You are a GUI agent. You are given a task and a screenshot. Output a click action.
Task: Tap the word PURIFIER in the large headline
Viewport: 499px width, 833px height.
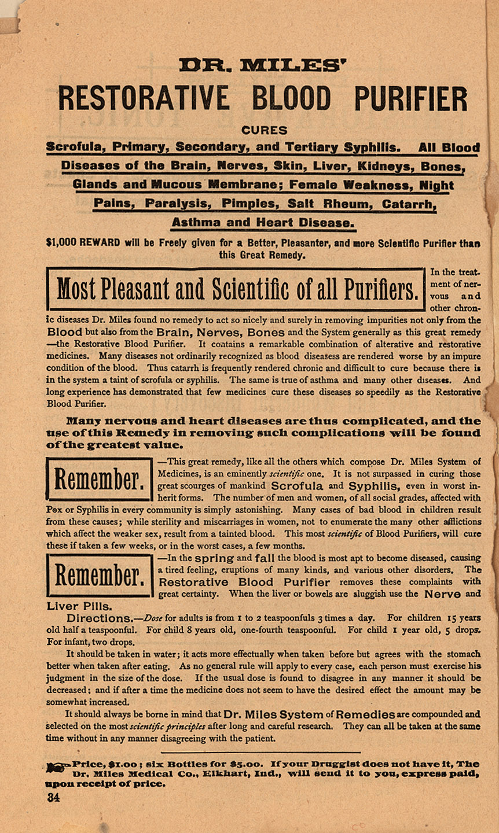point(410,98)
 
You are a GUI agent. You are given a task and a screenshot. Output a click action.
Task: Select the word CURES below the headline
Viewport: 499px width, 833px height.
point(263,130)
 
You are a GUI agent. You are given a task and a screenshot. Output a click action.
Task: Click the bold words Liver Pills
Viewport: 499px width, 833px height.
point(79,606)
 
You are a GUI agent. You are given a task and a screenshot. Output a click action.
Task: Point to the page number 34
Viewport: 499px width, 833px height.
point(54,798)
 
